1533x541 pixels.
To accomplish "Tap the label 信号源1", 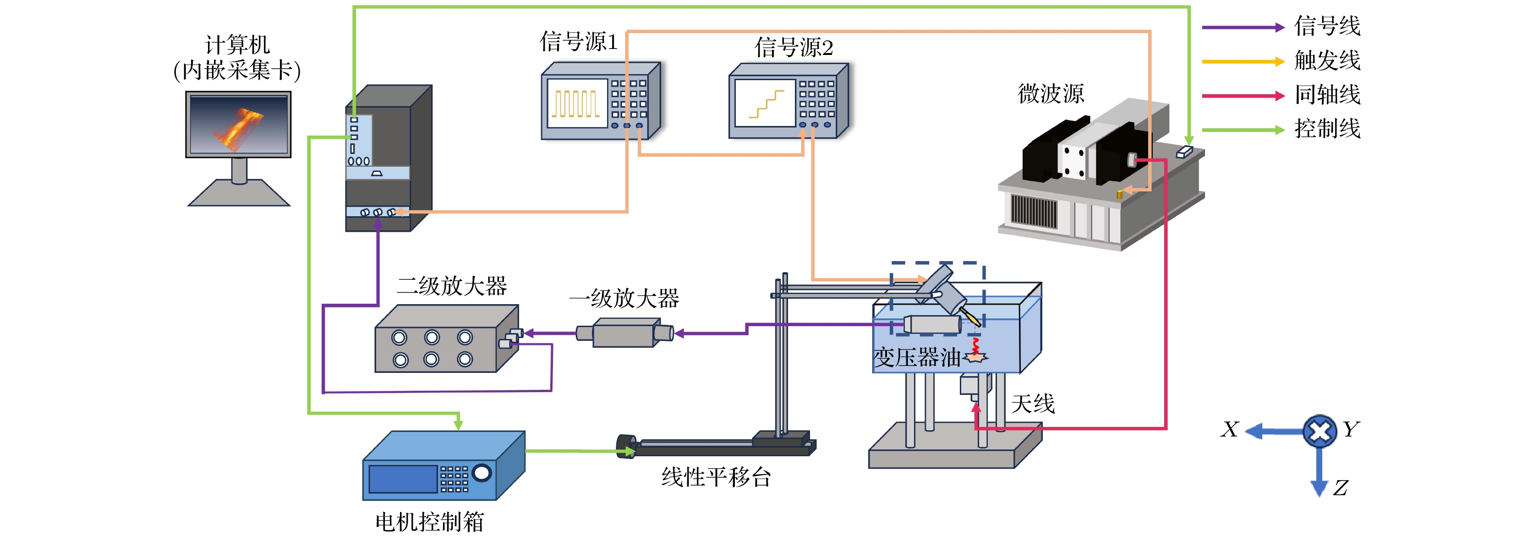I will click(579, 42).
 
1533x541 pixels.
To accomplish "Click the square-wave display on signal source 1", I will click(575, 104).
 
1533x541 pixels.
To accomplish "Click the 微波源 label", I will click(1051, 93).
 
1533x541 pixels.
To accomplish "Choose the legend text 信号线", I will click(1327, 26).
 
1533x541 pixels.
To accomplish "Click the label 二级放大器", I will click(452, 286).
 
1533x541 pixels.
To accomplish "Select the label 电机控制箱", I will click(429, 522).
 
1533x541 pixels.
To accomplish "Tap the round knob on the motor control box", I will click(482, 473).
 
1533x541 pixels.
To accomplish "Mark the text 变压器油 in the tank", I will click(916, 358).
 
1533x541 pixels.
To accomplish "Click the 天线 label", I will click(1033, 404).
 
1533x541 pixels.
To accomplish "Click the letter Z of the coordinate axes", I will click(1340, 488).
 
